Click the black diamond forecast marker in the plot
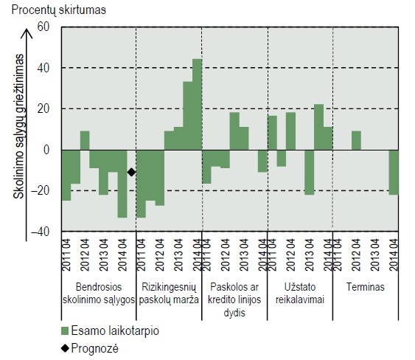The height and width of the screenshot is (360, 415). [x=131, y=172]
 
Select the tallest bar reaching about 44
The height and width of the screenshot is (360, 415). [x=197, y=104]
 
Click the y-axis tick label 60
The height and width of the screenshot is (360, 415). [x=43, y=27]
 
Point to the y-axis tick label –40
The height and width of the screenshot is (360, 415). [x=41, y=232]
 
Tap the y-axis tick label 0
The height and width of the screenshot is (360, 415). [x=46, y=150]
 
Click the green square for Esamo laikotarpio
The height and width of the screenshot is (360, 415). [x=65, y=331]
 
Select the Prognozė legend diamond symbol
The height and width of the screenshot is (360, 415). [x=65, y=348]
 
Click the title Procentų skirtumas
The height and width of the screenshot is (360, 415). [x=58, y=10]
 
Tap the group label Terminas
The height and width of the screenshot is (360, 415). [x=366, y=287]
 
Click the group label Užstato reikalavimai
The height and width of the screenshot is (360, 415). [x=300, y=294]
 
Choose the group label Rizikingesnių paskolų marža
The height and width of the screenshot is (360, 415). [x=169, y=294]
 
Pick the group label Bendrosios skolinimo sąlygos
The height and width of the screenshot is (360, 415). [x=99, y=294]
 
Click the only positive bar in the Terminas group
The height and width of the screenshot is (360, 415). [x=356, y=140]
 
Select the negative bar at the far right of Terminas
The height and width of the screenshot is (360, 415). [x=394, y=172]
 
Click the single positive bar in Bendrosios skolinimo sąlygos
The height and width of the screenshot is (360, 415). [x=85, y=140]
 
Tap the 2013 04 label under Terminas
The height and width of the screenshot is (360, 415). [x=375, y=255]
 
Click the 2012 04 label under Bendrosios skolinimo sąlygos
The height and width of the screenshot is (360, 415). [x=85, y=255]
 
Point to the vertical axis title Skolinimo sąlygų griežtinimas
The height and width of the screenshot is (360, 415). [x=18, y=126]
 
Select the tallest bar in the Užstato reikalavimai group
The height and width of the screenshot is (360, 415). [x=318, y=127]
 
